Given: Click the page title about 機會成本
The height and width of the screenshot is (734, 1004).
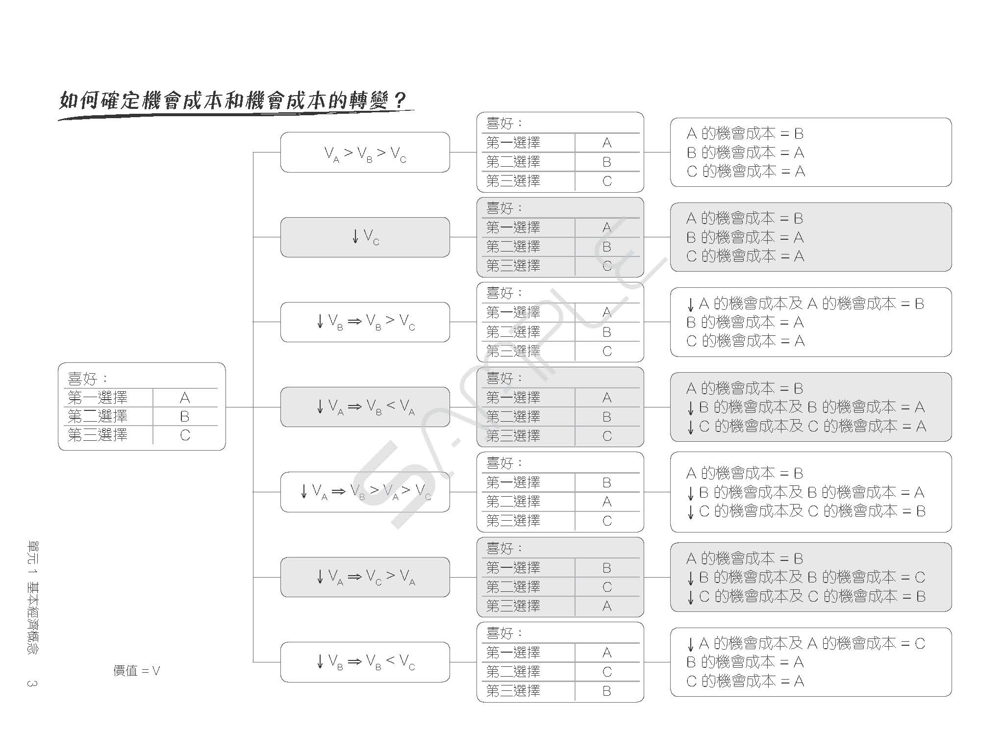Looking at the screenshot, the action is coord(233,101).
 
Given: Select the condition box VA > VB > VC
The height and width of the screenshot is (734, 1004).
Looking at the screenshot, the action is coord(365,152).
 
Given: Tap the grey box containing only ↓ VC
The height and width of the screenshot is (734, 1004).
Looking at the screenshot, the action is coord(365,237).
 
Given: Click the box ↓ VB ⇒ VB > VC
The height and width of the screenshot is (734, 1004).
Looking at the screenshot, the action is coord(365,322).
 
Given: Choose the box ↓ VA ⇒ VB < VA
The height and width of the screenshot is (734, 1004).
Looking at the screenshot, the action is coord(365,406).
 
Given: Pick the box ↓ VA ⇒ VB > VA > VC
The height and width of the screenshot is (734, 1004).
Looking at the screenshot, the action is coord(365,492).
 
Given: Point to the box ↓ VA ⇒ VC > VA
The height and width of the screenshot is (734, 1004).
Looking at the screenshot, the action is coord(365,577).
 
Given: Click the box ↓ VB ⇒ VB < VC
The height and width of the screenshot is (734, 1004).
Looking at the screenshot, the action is coord(365,662).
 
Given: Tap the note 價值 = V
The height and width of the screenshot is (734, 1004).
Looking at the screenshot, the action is coord(137,670).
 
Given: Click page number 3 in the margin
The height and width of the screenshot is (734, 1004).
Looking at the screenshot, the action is coord(32,683).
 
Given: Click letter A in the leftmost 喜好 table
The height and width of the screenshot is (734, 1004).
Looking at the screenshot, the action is coord(185,398).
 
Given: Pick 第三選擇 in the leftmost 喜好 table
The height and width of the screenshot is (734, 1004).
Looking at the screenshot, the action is coord(98,435).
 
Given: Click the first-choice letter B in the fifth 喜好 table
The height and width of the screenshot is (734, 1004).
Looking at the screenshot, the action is coord(607,482).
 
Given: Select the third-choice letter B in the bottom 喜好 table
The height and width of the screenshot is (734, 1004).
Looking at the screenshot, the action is coord(607,691).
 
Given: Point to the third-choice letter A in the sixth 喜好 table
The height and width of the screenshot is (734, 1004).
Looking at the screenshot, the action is coord(607,606).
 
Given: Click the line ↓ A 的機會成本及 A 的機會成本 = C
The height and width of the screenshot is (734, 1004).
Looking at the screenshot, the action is coord(805,643).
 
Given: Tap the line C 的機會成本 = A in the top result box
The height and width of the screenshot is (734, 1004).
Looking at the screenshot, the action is coord(746,171).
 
